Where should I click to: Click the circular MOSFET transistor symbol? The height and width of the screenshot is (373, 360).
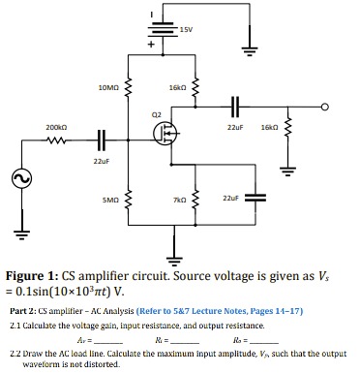165,133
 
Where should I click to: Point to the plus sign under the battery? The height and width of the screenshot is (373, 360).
151,46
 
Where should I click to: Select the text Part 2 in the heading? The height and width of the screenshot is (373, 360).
25,310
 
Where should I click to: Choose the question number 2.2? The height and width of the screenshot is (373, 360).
16,351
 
